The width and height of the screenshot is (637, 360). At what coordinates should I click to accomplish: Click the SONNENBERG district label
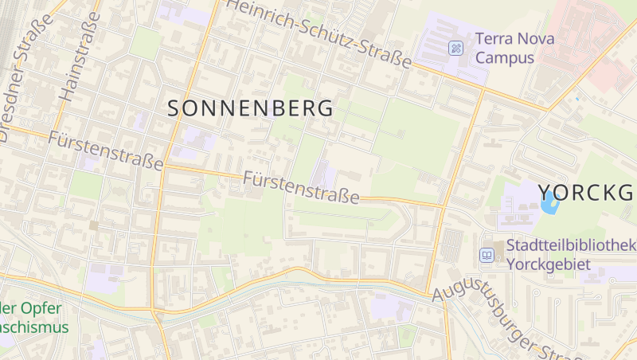[x=251, y=109]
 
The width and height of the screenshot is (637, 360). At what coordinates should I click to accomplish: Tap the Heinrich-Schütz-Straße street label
[x=319, y=33]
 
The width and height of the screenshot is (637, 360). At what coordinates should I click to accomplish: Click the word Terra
[x=493, y=38]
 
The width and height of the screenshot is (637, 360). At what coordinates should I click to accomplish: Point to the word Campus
[x=505, y=57]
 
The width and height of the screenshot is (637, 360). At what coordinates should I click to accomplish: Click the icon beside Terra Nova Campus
[x=455, y=48]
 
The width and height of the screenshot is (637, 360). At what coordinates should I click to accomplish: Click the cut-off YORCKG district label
[x=587, y=193]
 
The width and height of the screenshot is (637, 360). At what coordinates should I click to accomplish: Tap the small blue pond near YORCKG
[x=549, y=202]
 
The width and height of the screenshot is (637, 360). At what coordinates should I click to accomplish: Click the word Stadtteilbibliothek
[x=570, y=245]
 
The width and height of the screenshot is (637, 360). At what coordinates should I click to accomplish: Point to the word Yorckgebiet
[x=549, y=264]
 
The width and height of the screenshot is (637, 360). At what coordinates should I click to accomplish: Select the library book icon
[x=487, y=255]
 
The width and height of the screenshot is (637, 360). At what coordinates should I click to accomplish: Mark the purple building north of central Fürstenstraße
[x=322, y=174]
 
